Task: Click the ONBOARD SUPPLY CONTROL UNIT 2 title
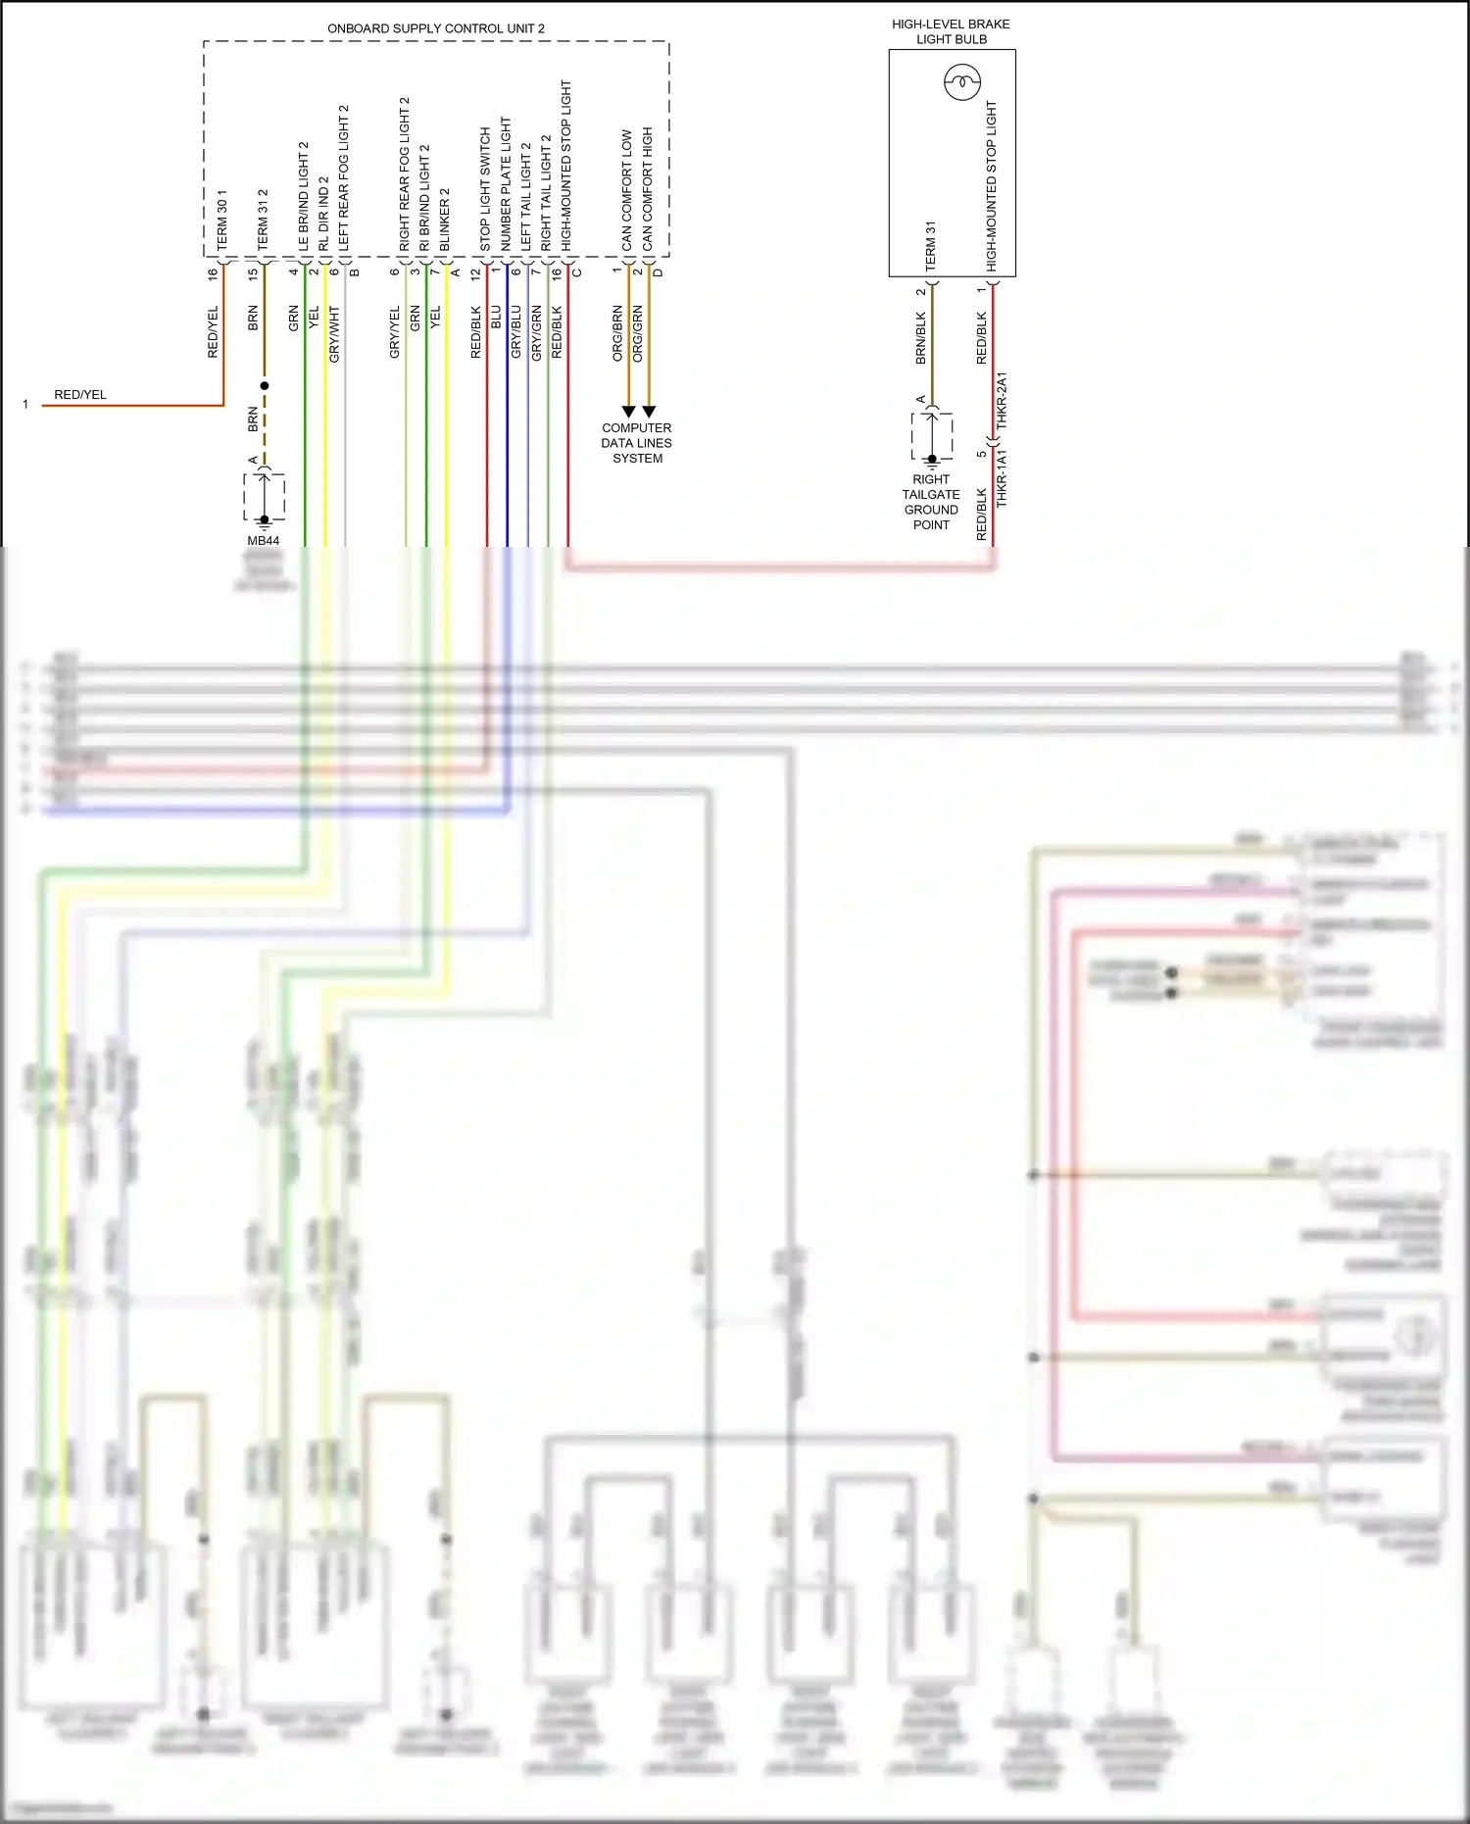[435, 28]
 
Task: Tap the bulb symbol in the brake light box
[961, 81]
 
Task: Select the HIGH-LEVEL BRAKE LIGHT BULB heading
[951, 31]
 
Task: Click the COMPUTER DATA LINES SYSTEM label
[637, 443]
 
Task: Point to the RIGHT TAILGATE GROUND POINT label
[931, 502]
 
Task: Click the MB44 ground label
[263, 540]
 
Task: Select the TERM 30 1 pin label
[221, 220]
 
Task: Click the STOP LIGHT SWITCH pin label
[484, 189]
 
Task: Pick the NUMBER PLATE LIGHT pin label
[506, 184]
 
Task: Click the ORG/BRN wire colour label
[617, 333]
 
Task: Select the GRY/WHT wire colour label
[334, 334]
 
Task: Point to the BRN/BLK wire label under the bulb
[920, 338]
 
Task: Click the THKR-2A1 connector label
[1002, 400]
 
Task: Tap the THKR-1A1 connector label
[1002, 478]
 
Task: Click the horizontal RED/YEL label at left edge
[80, 395]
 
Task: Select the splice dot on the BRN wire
[265, 386]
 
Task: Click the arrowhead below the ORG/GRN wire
[648, 412]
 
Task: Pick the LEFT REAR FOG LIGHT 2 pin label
[343, 176]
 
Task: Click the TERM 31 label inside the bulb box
[930, 245]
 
